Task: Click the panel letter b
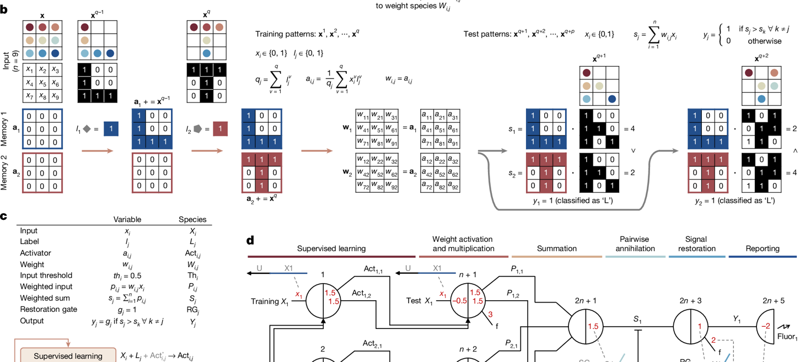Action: (4, 9)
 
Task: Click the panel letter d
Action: (250, 240)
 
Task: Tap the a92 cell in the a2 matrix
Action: (453, 187)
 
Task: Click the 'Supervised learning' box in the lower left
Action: (68, 355)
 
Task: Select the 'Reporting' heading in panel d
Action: (762, 248)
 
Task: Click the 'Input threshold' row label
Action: (46, 275)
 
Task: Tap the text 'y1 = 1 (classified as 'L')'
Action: (573, 201)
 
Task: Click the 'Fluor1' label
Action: (787, 337)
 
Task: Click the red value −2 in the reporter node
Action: (766, 326)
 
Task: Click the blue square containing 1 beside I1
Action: (111, 128)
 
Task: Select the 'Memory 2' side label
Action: (4, 172)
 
